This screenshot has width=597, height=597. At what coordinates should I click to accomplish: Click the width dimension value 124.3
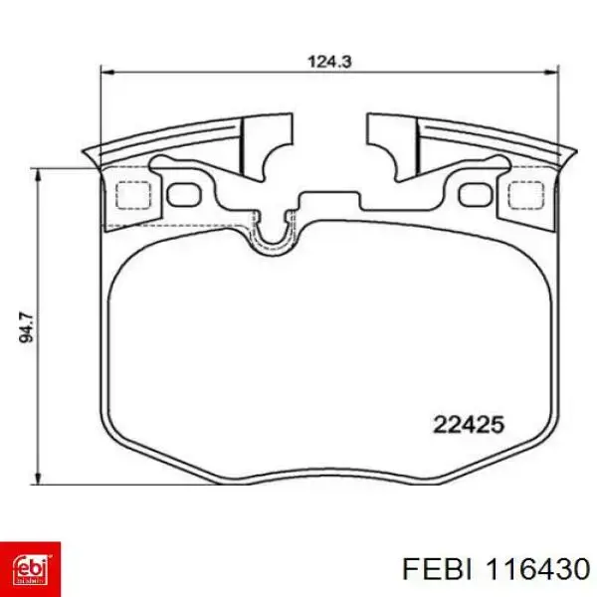point(329,62)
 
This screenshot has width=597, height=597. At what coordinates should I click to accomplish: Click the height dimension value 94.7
point(26,327)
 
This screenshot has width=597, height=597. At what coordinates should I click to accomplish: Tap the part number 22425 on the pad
point(469,424)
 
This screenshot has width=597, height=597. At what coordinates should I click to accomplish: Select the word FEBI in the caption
point(438,569)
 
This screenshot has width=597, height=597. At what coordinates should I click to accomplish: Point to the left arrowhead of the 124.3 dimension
point(107,72)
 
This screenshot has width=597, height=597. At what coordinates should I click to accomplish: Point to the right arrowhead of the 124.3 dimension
point(551,72)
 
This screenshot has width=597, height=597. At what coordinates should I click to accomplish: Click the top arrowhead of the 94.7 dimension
point(38,177)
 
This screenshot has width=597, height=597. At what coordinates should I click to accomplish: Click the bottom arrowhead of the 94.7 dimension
point(38,477)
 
